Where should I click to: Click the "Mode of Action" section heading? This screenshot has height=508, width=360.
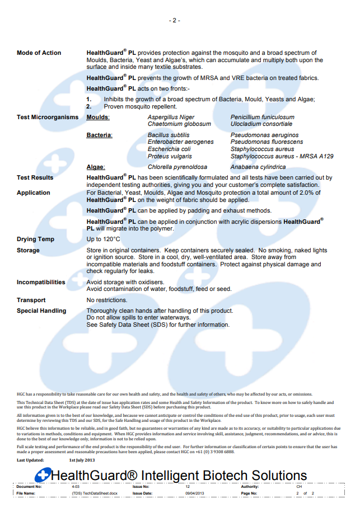(x=39, y=53)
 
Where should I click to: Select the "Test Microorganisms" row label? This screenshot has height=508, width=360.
(x=48, y=117)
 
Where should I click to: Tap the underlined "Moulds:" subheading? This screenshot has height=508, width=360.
(x=98, y=117)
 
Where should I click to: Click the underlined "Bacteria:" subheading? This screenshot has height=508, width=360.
(x=99, y=135)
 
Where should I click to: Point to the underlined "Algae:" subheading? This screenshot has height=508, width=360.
(x=96, y=167)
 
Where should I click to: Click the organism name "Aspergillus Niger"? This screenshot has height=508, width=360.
(x=171, y=117)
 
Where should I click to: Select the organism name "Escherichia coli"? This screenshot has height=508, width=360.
(x=169, y=149)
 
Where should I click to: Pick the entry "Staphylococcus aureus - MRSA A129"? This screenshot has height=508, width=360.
(x=282, y=157)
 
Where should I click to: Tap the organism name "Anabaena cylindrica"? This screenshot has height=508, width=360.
(x=258, y=167)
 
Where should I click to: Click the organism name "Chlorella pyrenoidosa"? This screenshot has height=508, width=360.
(x=177, y=167)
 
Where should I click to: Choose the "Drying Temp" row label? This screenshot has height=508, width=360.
(x=36, y=239)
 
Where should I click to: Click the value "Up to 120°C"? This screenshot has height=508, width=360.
(x=104, y=239)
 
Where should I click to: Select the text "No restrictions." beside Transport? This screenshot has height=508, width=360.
(x=107, y=300)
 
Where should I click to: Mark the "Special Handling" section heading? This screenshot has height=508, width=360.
(x=41, y=311)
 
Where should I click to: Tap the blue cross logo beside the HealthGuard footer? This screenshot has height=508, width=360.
(x=43, y=476)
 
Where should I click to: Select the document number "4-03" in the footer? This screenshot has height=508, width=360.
(x=76, y=487)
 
